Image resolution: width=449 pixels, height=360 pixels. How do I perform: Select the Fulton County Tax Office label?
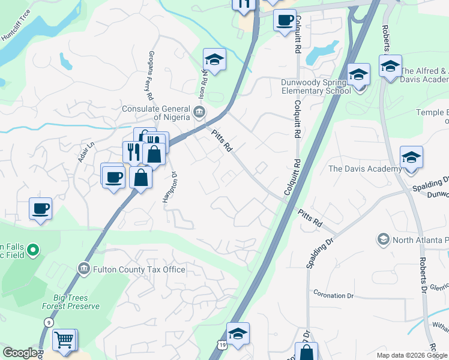pos(139,269)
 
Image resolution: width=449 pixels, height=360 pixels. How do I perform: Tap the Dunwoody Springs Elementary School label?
pos(316,86)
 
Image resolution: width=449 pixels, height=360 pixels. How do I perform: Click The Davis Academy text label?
pos(365,169)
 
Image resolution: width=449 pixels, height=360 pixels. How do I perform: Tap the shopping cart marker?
pos(64,340)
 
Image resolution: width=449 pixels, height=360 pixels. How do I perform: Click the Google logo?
pos(20,353)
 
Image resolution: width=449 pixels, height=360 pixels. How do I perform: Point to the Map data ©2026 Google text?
pos(411,355)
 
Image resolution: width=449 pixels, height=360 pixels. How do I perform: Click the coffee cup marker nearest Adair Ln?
pos(112,176)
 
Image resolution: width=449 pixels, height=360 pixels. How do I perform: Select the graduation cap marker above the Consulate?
pos(214,60)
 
